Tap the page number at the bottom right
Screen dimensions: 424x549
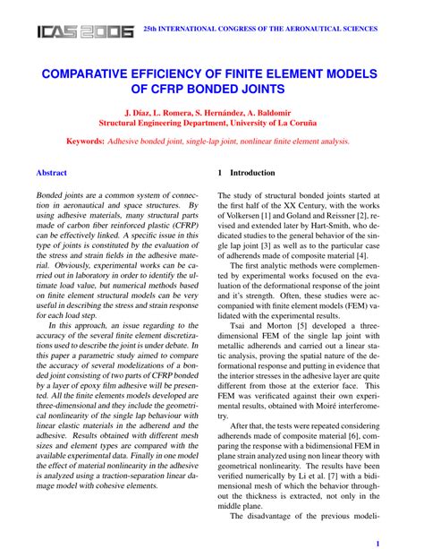(x=378, y=542)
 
